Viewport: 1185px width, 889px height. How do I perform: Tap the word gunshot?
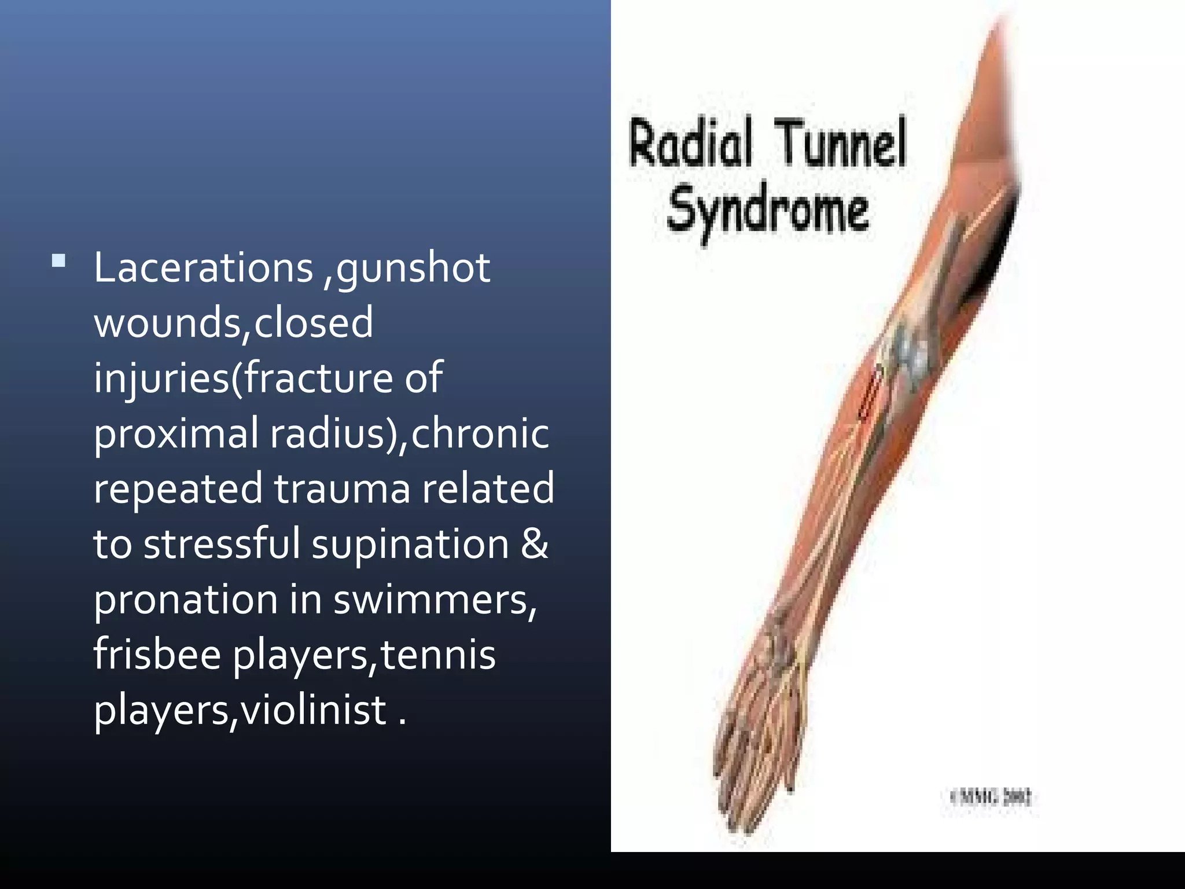[413, 269]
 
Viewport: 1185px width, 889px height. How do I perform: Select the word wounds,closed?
[233, 322]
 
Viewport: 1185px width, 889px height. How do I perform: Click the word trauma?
[341, 488]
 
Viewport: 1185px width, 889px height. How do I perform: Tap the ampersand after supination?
[533, 544]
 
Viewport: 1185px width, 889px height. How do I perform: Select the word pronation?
[186, 600]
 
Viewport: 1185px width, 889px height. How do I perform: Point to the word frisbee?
[157, 655]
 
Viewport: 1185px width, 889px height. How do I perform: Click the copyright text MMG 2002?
[991, 798]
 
